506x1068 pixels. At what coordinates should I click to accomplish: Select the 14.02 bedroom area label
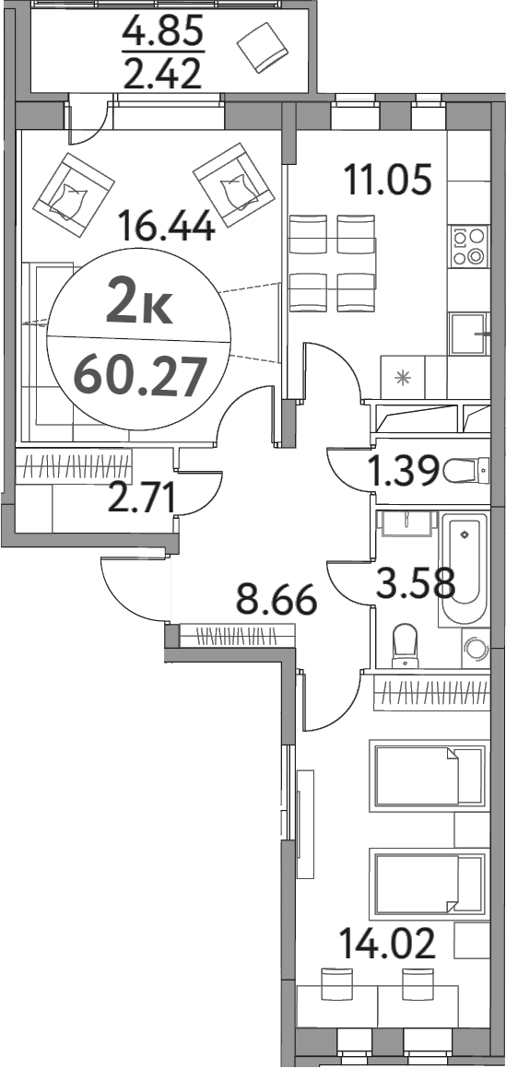(388, 945)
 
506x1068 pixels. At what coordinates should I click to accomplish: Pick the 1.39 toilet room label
(402, 473)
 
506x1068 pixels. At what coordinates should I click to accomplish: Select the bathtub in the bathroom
(465, 572)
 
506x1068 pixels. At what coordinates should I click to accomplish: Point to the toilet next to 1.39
(462, 473)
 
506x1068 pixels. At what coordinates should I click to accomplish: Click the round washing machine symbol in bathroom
(475, 649)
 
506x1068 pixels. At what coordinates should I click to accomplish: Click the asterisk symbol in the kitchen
(401, 377)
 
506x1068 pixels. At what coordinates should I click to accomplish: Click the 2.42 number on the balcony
(162, 74)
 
